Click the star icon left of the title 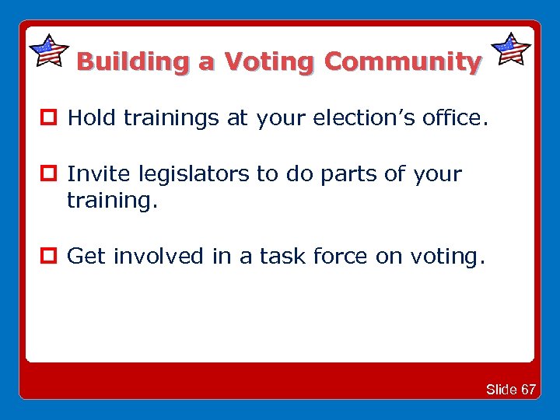click(48, 51)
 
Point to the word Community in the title click(402, 61)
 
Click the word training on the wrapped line click(111, 201)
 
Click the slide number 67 click(528, 389)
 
